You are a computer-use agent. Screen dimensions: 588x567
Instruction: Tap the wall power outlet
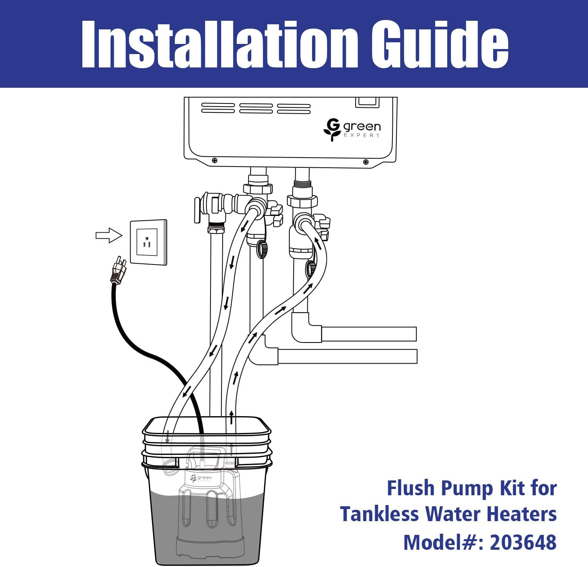149,242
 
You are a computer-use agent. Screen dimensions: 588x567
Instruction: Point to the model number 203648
523,542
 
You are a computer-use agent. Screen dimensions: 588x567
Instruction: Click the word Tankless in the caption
379,514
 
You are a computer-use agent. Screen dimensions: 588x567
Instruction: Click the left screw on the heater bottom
214,161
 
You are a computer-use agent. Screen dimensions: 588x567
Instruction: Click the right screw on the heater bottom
366,162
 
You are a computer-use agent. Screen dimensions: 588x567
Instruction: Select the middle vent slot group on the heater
256,109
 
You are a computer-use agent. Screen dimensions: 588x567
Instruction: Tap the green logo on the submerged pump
201,478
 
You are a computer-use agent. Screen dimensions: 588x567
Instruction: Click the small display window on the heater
367,102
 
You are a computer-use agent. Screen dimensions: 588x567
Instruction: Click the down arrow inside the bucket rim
168,437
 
